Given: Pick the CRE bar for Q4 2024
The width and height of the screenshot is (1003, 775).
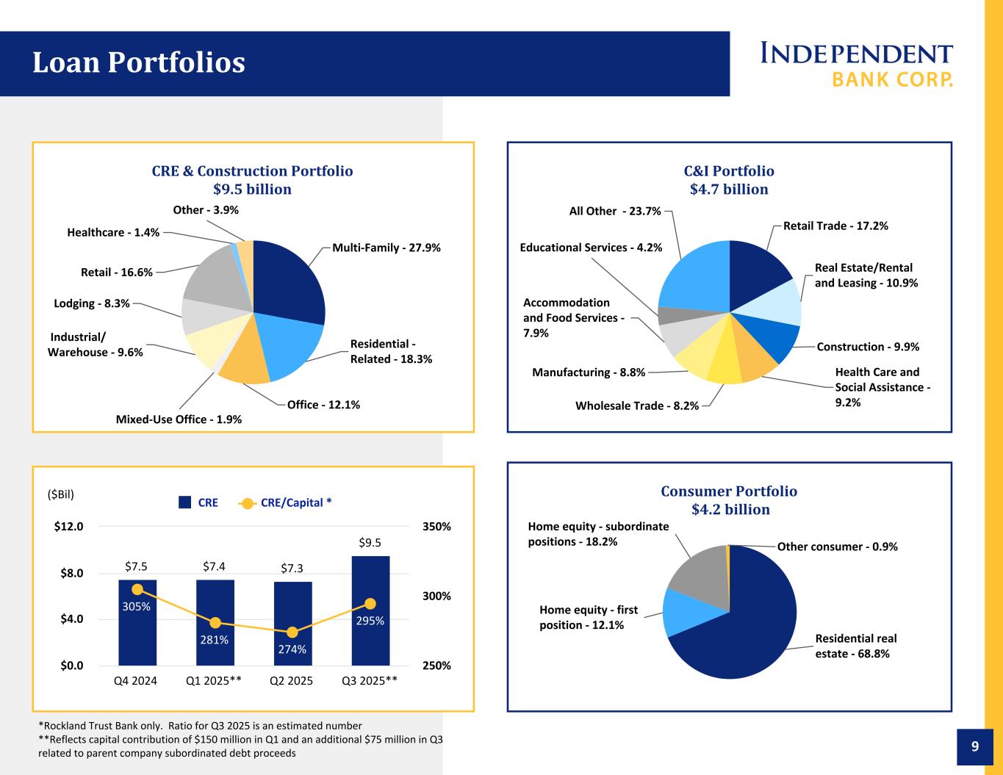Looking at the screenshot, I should pyautogui.click(x=137, y=639).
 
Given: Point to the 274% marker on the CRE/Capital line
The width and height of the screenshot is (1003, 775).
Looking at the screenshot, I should pyautogui.click(x=292, y=632).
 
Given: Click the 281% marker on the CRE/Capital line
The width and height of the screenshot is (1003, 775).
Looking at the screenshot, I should pyautogui.click(x=215, y=623).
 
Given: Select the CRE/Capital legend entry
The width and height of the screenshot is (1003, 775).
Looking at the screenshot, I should pyautogui.click(x=287, y=503).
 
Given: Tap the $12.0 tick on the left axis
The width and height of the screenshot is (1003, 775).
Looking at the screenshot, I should pyautogui.click(x=69, y=527).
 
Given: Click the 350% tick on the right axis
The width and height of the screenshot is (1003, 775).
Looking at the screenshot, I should pyautogui.click(x=436, y=527).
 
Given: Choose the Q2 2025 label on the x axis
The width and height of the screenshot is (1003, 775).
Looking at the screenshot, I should pyautogui.click(x=292, y=681).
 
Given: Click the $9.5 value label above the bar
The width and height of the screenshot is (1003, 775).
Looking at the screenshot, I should pyautogui.click(x=370, y=543).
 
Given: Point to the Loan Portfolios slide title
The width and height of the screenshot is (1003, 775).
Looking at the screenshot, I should pyautogui.click(x=139, y=63).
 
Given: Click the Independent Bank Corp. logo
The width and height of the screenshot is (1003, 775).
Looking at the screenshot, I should pyautogui.click(x=857, y=64).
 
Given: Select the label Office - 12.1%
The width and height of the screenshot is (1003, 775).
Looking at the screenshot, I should pyautogui.click(x=323, y=405).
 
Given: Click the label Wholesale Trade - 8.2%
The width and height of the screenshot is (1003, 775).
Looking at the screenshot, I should pyautogui.click(x=637, y=405).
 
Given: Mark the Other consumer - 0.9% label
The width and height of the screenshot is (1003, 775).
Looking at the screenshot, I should pyautogui.click(x=837, y=547).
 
